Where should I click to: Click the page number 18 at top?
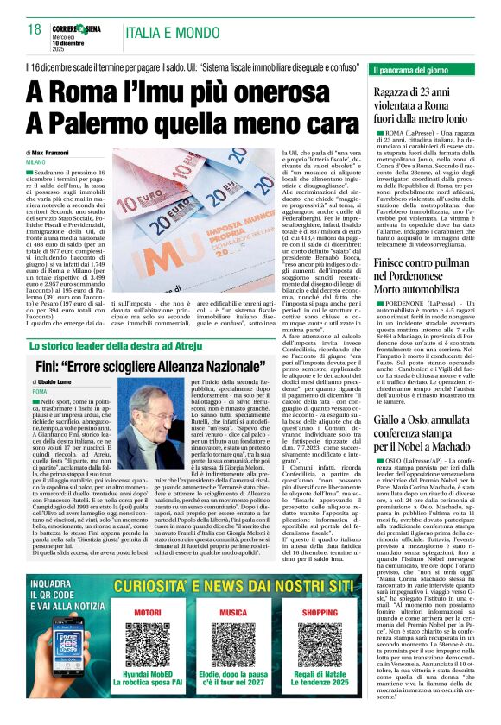pyautogui.click(x=35, y=30)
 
